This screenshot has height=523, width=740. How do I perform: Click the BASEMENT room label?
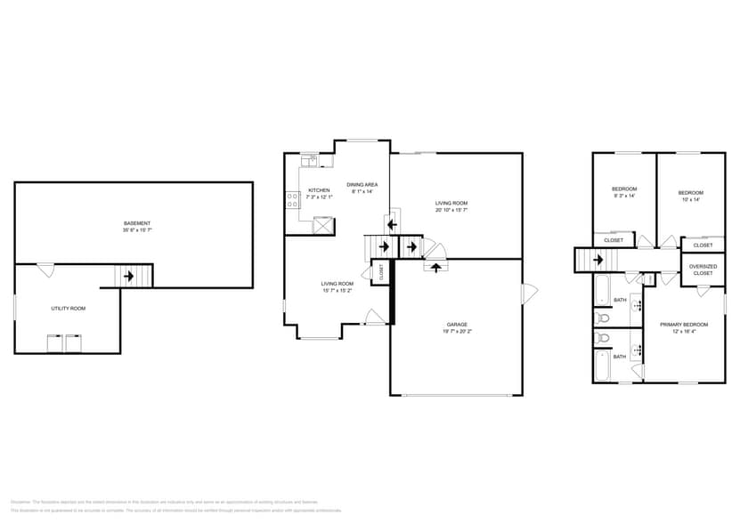click(137, 223)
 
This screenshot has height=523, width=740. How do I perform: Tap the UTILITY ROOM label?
click(68, 308)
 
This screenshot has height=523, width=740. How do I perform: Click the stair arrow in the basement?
click(129, 277)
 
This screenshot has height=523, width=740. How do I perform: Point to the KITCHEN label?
click(319, 190)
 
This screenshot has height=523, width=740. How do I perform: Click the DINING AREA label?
click(362, 184)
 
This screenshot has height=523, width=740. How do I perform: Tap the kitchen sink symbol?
click(308, 161)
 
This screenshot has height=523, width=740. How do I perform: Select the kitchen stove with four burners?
click(292, 200)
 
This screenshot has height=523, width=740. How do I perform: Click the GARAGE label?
click(457, 325)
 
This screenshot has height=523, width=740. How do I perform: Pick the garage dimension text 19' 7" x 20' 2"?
click(457, 332)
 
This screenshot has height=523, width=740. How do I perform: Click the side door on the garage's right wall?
click(529, 291)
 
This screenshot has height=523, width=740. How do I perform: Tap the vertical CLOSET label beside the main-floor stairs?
click(381, 272)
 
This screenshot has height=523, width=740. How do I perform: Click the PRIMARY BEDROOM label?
click(683, 325)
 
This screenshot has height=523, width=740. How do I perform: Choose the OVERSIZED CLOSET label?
click(703, 270)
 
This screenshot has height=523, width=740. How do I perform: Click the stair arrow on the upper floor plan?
click(598, 260)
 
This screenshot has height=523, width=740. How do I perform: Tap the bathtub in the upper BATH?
click(601, 290)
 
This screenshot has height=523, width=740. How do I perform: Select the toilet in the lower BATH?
click(602, 338)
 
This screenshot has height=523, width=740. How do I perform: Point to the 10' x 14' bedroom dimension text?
click(690, 200)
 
